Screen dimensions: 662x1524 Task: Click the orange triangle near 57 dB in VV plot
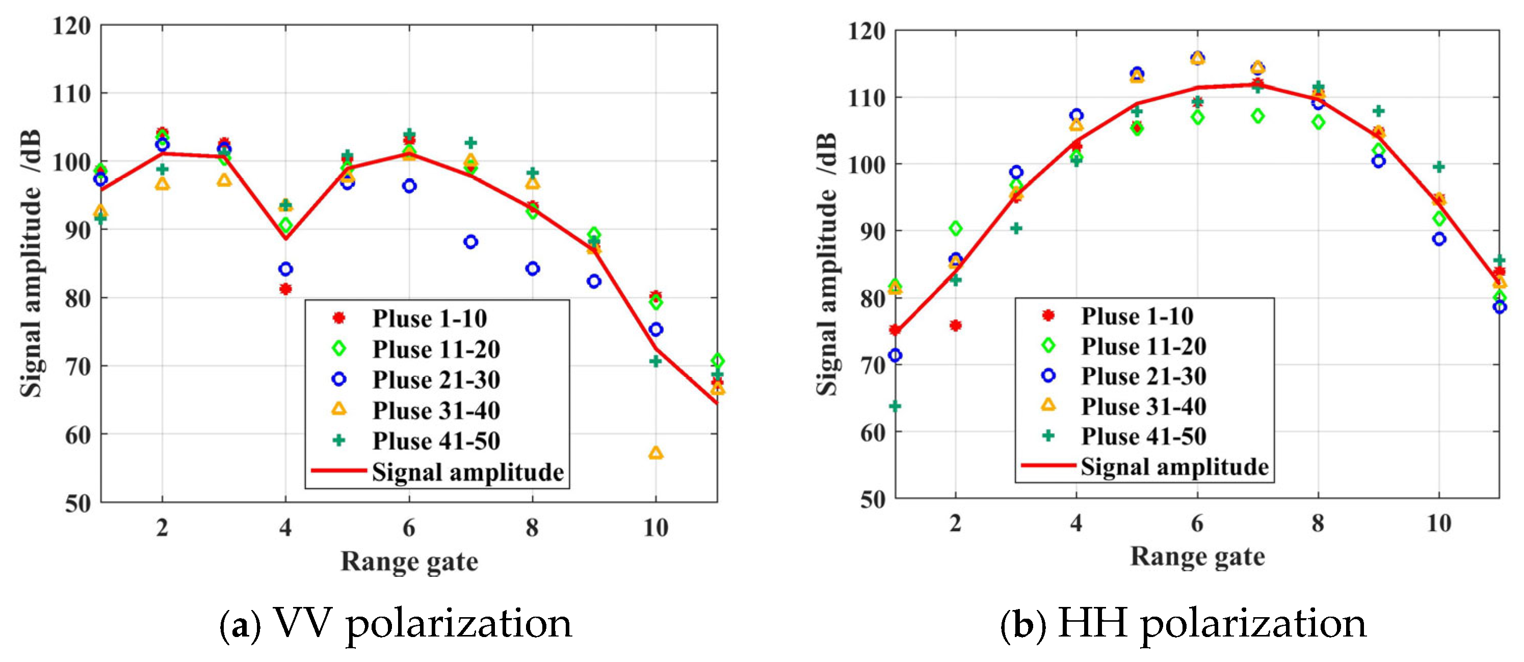pyautogui.click(x=655, y=453)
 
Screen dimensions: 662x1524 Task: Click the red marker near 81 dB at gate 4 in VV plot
pyautogui.click(x=285, y=288)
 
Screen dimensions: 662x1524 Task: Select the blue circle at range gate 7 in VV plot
pyautogui.click(x=470, y=242)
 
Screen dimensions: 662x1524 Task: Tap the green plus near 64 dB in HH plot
pyautogui.click(x=895, y=406)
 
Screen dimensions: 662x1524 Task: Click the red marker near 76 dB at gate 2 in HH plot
pyautogui.click(x=955, y=325)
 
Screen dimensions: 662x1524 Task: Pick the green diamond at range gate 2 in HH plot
pyautogui.click(x=955, y=228)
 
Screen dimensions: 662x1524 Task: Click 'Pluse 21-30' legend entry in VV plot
pyautogui.click(x=435, y=380)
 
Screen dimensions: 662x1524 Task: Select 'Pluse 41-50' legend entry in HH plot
pyautogui.click(x=1143, y=436)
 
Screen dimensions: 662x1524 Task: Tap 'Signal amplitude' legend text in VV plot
pyautogui.click(x=467, y=472)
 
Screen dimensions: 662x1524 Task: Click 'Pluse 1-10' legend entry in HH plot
pyautogui.click(x=1137, y=316)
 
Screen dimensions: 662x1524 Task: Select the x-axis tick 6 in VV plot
pyautogui.click(x=409, y=527)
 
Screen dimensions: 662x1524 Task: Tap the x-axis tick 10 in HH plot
pyautogui.click(x=1438, y=523)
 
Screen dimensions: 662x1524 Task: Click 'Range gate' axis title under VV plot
pyautogui.click(x=409, y=561)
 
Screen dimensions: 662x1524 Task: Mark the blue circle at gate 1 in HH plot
pyautogui.click(x=895, y=355)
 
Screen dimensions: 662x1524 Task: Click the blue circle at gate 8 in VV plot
pyautogui.click(x=532, y=269)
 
